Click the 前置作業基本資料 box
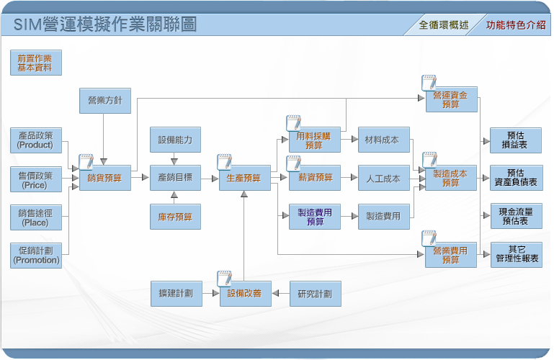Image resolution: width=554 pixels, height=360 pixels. (36, 63)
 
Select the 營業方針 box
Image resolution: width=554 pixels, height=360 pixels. (105, 101)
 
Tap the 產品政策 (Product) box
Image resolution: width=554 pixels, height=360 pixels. (36, 140)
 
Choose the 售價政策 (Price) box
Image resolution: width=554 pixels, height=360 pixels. (36, 179)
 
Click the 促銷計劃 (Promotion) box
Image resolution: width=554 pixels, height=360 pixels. (36, 256)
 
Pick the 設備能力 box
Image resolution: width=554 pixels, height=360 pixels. (175, 140)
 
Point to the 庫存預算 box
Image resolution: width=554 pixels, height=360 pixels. (175, 217)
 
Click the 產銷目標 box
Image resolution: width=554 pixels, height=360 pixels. (175, 178)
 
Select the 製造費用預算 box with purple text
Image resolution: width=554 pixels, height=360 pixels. (315, 217)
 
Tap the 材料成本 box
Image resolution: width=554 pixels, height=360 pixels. (384, 140)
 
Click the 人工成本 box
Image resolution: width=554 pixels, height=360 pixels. (384, 178)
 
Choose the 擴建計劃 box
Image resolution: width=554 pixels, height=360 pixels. (177, 294)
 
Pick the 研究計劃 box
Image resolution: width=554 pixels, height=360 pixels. (315, 294)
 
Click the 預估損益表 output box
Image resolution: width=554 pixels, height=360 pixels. (516, 140)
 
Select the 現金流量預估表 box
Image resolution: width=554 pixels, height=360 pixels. (517, 216)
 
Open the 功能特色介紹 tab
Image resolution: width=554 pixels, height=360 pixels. (516, 25)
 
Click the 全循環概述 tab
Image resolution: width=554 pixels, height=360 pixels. (444, 25)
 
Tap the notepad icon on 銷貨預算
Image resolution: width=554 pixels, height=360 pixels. (86, 162)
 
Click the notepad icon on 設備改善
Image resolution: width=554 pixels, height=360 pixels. (224, 278)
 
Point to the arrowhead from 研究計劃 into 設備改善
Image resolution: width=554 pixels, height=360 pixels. (276, 293)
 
